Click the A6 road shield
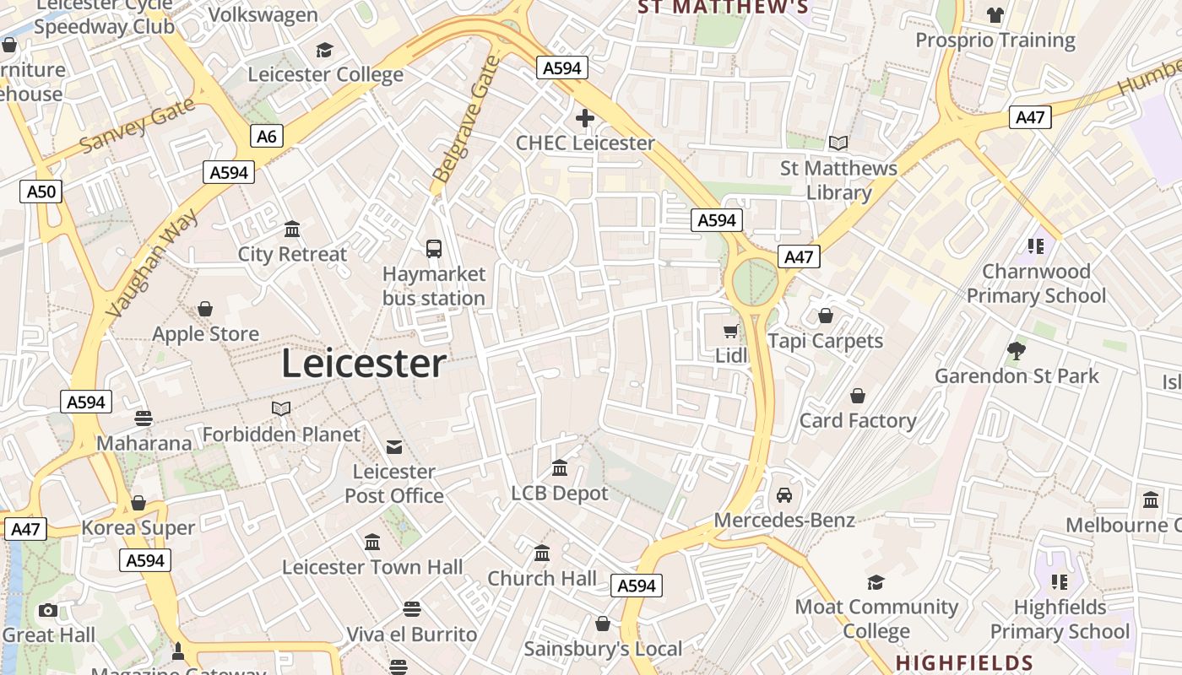(x=266, y=136)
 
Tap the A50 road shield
(x=41, y=192)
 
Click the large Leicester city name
(x=363, y=364)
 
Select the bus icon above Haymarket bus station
(x=434, y=248)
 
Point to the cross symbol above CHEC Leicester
(x=585, y=118)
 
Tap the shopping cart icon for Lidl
(x=731, y=331)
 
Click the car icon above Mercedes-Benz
(x=784, y=494)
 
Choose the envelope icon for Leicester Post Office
(x=394, y=446)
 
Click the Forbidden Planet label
(x=281, y=435)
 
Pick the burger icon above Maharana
(x=144, y=418)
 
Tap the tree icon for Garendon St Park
(x=1017, y=350)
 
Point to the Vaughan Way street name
(x=154, y=262)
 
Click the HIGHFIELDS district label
(x=964, y=663)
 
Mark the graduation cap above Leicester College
(x=324, y=50)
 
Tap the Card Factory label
(x=858, y=420)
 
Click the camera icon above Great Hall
(x=48, y=610)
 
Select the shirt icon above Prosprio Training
(x=995, y=15)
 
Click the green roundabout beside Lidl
(x=754, y=282)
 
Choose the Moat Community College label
(x=876, y=618)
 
